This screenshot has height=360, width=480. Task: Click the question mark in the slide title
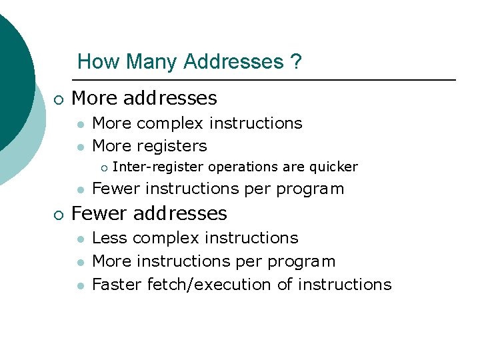296,62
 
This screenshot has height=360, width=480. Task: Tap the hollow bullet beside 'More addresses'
59,99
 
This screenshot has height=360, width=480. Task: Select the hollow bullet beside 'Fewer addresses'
59,215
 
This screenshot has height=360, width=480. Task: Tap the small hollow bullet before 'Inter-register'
103,167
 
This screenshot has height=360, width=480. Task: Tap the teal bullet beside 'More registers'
80,147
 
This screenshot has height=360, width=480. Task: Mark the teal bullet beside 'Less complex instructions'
80,239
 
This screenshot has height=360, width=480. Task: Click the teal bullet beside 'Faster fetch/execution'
80,285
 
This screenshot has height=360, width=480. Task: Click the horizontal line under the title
267,80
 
